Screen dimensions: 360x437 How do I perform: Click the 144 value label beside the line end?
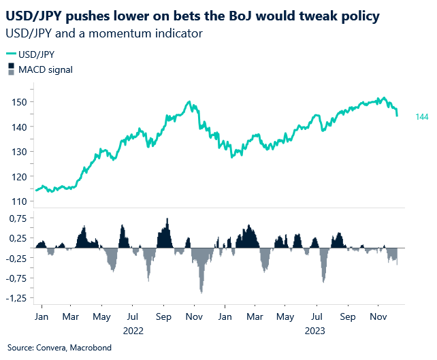[421, 118]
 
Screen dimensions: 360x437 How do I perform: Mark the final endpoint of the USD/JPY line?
[397, 115]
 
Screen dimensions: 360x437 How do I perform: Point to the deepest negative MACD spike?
[201, 292]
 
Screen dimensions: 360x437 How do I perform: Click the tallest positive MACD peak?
[167, 219]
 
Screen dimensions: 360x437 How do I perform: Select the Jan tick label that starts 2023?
[225, 317]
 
